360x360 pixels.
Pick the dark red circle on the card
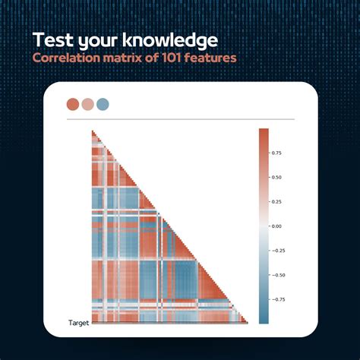click(73, 104)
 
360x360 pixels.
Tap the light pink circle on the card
click(87, 104)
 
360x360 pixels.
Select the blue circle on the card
click(103, 104)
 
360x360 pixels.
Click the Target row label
click(78, 323)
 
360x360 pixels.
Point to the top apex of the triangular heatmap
click(92, 131)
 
